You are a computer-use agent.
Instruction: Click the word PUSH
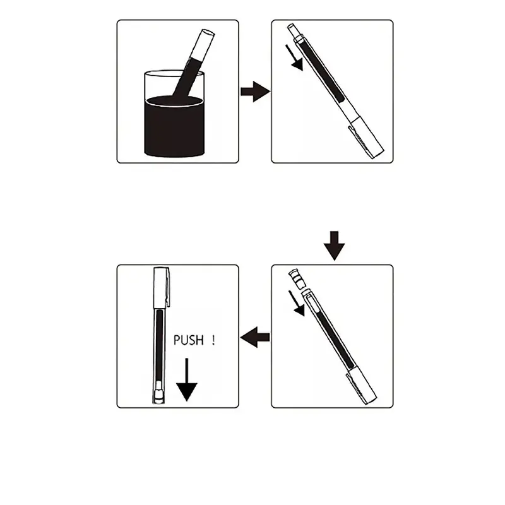pos(189,340)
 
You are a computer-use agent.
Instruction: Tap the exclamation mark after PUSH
pos(213,340)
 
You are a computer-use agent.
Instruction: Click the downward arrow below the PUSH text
pos(186,379)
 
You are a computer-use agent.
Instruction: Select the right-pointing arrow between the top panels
pos(256,92)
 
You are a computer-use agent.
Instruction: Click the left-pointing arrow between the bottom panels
pos(255,337)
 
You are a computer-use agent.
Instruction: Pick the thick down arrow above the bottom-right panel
pos(335,246)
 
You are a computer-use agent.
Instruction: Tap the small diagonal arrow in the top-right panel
pos(295,57)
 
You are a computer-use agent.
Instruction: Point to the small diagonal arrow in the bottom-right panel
pos(297,303)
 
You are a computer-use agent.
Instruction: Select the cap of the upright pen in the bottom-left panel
pos(162,287)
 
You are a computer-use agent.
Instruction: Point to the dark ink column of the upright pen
pos(159,345)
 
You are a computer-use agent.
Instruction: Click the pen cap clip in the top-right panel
pos(360,142)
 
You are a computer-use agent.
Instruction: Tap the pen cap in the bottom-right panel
pos(362,385)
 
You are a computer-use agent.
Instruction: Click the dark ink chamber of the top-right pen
pos(321,71)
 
